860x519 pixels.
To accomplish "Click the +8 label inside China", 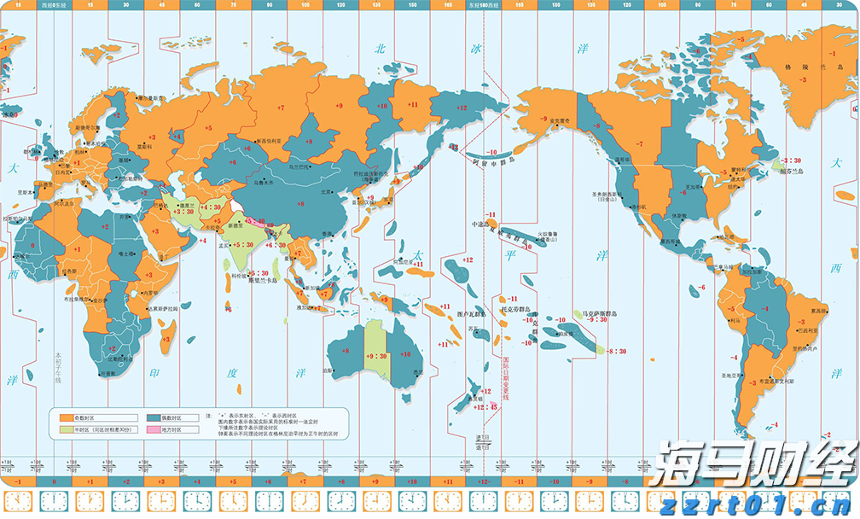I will [300, 203].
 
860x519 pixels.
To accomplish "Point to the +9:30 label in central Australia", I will [376, 356].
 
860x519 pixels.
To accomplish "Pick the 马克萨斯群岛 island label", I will [599, 314].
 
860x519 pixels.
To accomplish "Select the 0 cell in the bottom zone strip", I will [54, 482].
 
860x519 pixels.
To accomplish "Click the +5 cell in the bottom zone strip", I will [233, 482].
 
